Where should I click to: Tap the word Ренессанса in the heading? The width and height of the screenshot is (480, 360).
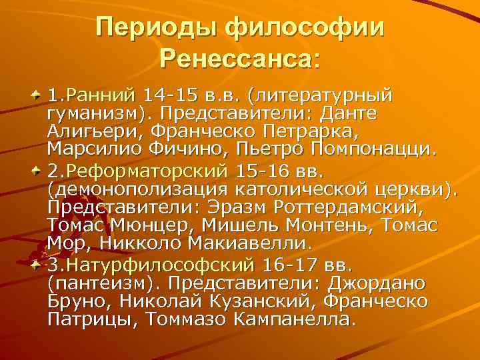pyautogui.click(x=237, y=61)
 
